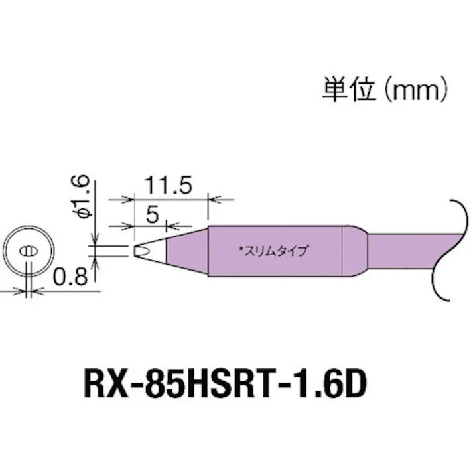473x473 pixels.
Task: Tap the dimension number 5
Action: pos(151,214)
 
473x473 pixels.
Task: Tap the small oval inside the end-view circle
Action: pos(29,252)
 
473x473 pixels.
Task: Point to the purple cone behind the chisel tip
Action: pos(182,250)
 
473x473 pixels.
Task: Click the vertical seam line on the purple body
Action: pos(342,251)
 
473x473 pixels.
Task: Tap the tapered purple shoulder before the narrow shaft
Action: pos(356,251)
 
